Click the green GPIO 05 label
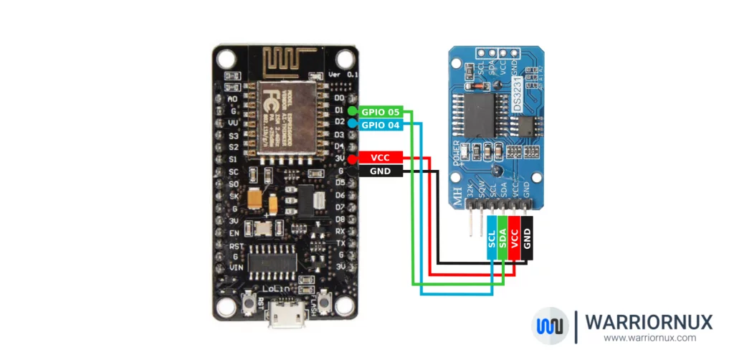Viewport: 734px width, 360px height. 380,111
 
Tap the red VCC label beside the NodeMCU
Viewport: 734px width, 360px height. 379,158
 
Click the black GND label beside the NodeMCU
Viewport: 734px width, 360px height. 379,171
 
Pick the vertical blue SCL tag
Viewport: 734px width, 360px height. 492,240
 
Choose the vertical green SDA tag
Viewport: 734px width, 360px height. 503,240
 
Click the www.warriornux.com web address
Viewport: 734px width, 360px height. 649,338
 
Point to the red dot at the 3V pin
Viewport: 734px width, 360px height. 352,158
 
